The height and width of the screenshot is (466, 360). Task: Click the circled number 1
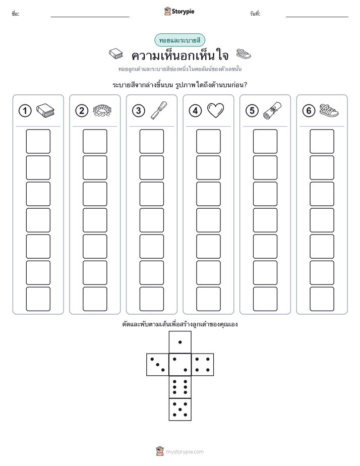click(25, 111)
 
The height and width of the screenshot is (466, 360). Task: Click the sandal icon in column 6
click(329, 110)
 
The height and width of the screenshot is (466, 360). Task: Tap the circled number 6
click(309, 111)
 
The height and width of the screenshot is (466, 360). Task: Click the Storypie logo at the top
click(179, 12)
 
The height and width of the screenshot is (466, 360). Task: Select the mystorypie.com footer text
click(185, 452)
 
